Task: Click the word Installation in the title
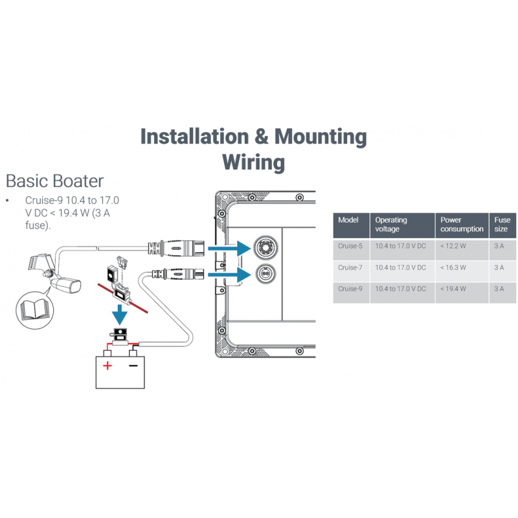(195, 137)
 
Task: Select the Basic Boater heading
(54, 180)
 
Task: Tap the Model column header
(348, 220)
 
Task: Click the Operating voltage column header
(391, 224)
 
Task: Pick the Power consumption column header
(462, 224)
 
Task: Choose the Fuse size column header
(502, 224)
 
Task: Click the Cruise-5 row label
(350, 246)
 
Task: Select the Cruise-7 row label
(350, 267)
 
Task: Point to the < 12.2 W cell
(453, 246)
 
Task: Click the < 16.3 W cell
(453, 267)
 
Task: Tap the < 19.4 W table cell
(453, 289)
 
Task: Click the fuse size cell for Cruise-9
(499, 289)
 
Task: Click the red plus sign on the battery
(107, 366)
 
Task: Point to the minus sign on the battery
(133, 366)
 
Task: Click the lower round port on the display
(265, 273)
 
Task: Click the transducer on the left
(55, 275)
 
